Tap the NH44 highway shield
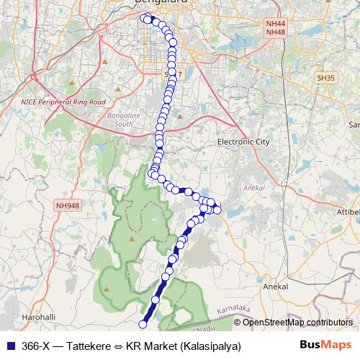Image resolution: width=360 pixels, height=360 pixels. point(275,24)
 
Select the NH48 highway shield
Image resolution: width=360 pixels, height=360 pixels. point(275,33)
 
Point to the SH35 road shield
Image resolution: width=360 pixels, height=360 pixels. point(325,77)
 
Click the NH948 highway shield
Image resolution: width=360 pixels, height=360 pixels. point(67,205)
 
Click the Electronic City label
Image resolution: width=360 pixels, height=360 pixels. point(243,142)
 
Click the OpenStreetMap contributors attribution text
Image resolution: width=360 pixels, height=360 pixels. point(297,322)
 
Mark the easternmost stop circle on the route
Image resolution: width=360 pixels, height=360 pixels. point(217,210)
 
